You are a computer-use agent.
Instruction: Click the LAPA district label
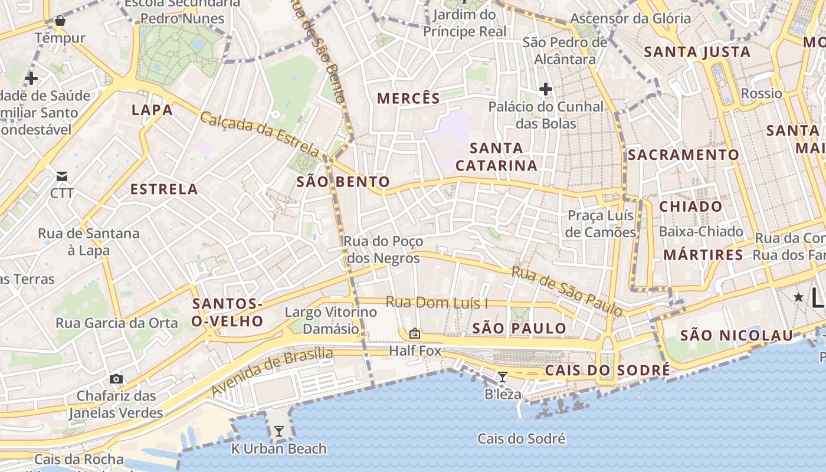152,110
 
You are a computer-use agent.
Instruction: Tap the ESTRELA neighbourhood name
164,189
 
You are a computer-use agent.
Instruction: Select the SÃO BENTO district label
343,182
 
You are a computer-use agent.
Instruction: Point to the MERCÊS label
408,99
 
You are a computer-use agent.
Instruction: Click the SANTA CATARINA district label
496,157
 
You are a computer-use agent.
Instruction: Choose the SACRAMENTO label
683,155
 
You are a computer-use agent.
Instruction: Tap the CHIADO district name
690,206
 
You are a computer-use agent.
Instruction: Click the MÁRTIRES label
703,255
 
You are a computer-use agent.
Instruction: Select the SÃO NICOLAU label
736,336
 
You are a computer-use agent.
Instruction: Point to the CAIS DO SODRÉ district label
607,371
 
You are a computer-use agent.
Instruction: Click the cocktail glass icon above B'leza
502,376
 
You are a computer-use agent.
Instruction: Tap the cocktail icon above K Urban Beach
278,431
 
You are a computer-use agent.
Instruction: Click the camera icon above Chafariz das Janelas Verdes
116,379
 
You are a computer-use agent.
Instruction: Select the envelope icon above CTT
62,176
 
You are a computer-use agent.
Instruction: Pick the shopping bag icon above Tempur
60,21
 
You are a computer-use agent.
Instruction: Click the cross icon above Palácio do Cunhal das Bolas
546,90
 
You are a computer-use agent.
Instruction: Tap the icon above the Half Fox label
415,334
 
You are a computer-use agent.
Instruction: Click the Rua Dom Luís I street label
437,303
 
